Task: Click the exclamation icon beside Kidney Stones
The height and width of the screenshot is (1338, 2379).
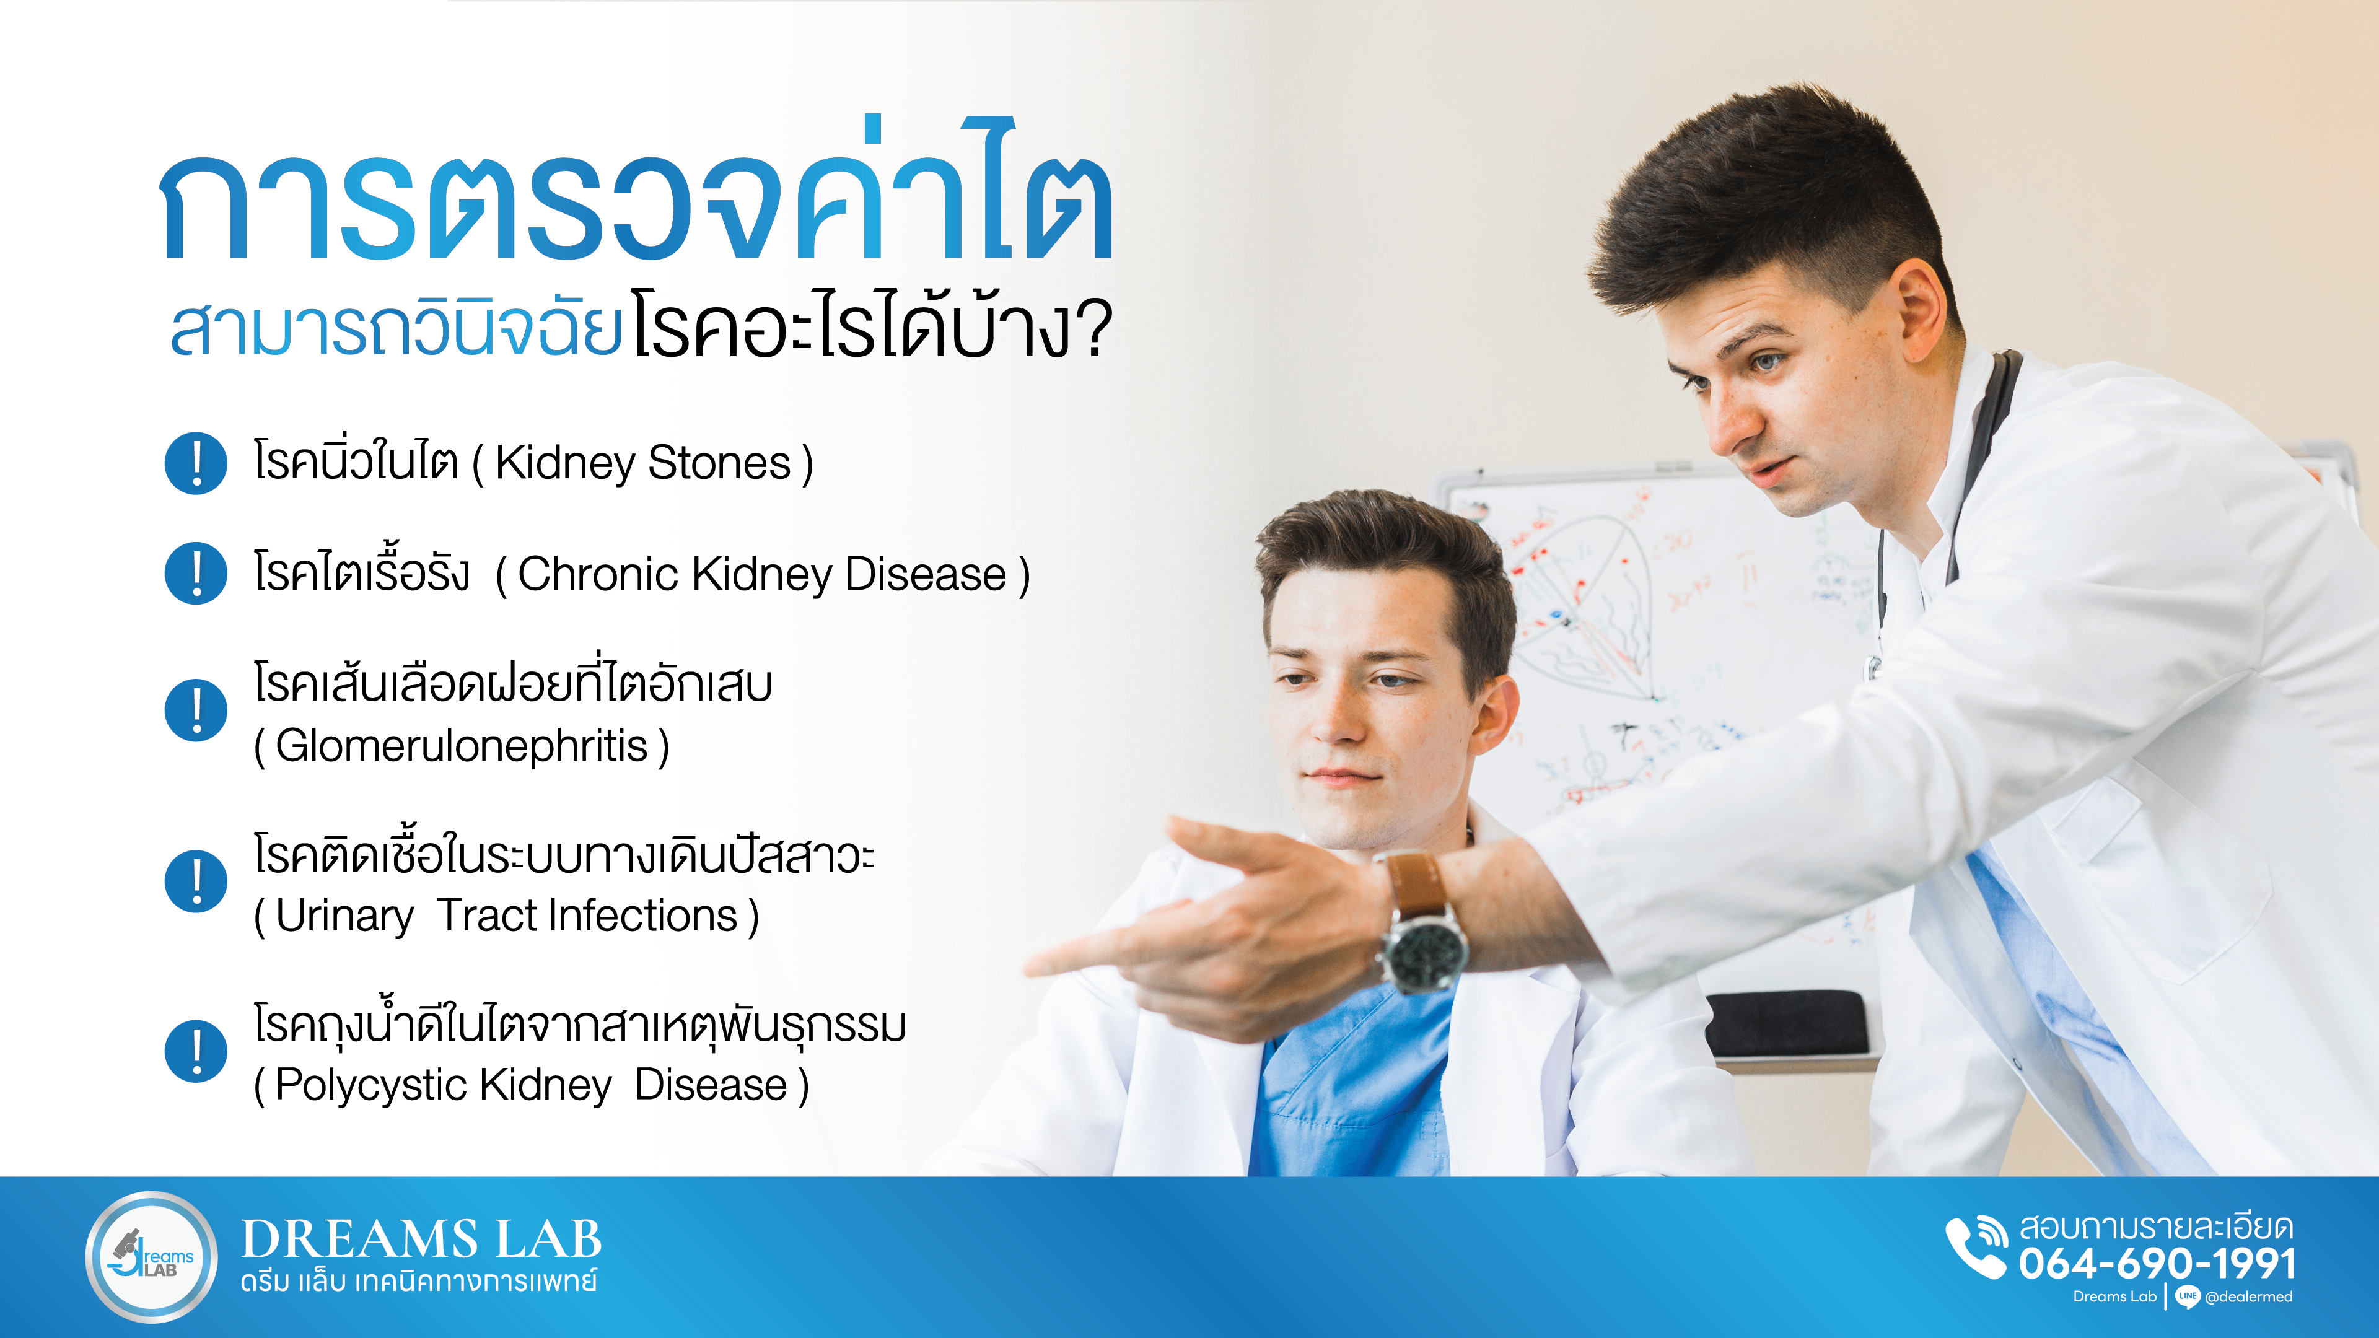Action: click(196, 463)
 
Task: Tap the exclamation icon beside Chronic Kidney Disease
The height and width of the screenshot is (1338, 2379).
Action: click(196, 574)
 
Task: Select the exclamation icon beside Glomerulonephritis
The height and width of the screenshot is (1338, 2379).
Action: click(196, 710)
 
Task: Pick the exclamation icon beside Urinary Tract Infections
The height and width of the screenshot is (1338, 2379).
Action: click(196, 881)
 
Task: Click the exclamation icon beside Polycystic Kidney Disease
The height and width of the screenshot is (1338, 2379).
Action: click(196, 1051)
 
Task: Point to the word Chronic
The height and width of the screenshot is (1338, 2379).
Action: click(598, 574)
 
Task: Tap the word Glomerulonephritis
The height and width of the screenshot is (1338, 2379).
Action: click(461, 745)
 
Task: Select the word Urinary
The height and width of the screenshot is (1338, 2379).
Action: click(344, 917)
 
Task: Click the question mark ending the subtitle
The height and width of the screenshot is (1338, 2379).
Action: click(1094, 329)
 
